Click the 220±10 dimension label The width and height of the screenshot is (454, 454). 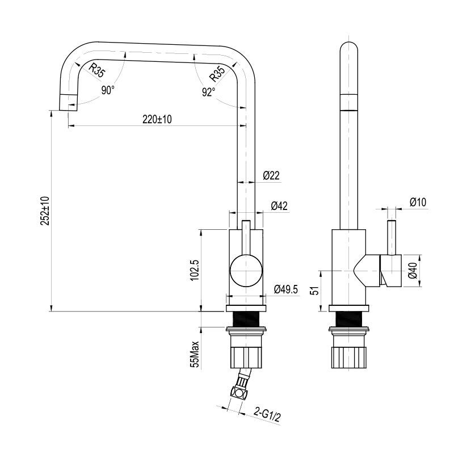pos(157,119)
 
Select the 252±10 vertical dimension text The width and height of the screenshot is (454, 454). pos(45,211)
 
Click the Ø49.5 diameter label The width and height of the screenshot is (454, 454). pos(285,289)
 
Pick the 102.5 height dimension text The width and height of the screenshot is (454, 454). pos(194,270)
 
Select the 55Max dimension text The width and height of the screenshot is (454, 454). pos(194,354)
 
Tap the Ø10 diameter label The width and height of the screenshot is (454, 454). pos(417,202)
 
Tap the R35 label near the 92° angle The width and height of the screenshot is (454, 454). pos(217,73)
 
